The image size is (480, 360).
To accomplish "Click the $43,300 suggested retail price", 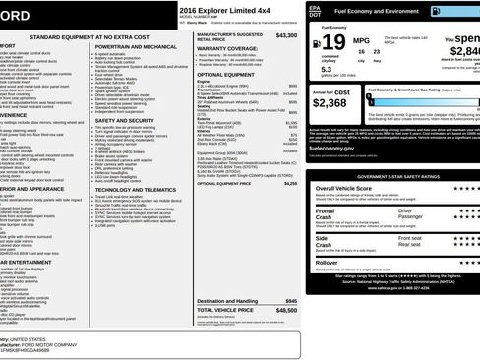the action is point(286,34).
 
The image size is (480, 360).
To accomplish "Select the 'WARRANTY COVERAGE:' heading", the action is point(227,46).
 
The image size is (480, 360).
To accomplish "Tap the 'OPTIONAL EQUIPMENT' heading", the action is point(227,74).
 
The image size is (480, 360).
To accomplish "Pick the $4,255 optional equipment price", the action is point(290,183).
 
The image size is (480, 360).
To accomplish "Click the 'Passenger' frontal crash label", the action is point(411,218).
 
